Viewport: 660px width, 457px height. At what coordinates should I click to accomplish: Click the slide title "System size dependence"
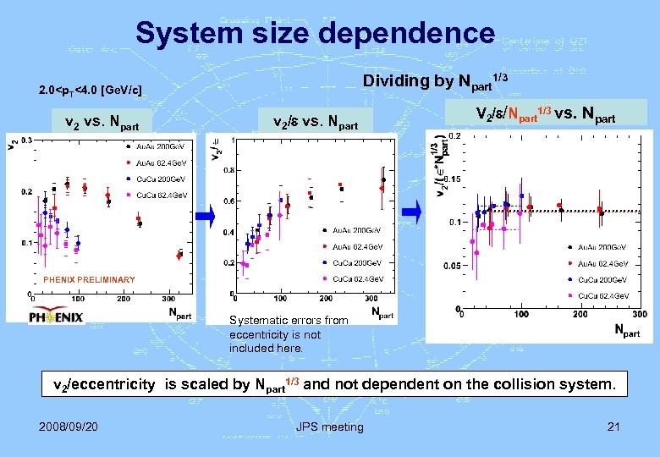tap(315, 33)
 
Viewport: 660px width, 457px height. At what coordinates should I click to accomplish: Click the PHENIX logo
tap(57, 317)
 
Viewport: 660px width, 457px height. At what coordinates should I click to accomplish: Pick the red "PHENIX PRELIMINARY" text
tap(89, 279)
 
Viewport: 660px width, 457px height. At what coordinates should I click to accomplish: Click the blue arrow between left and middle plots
tap(207, 217)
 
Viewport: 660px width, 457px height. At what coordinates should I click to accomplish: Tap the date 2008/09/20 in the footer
tap(69, 426)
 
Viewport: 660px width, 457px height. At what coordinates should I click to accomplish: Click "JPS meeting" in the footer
tap(329, 427)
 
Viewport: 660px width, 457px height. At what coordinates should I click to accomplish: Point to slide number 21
tap(613, 426)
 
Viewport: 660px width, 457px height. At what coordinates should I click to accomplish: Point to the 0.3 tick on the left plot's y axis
tap(27, 140)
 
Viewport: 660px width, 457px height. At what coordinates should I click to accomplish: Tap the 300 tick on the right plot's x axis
tap(640, 314)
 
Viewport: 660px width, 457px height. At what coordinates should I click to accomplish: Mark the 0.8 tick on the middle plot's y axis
tap(229, 170)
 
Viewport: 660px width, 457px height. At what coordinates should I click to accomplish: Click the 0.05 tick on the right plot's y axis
tap(453, 265)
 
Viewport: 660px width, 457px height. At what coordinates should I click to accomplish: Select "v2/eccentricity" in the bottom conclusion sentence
tap(104, 384)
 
